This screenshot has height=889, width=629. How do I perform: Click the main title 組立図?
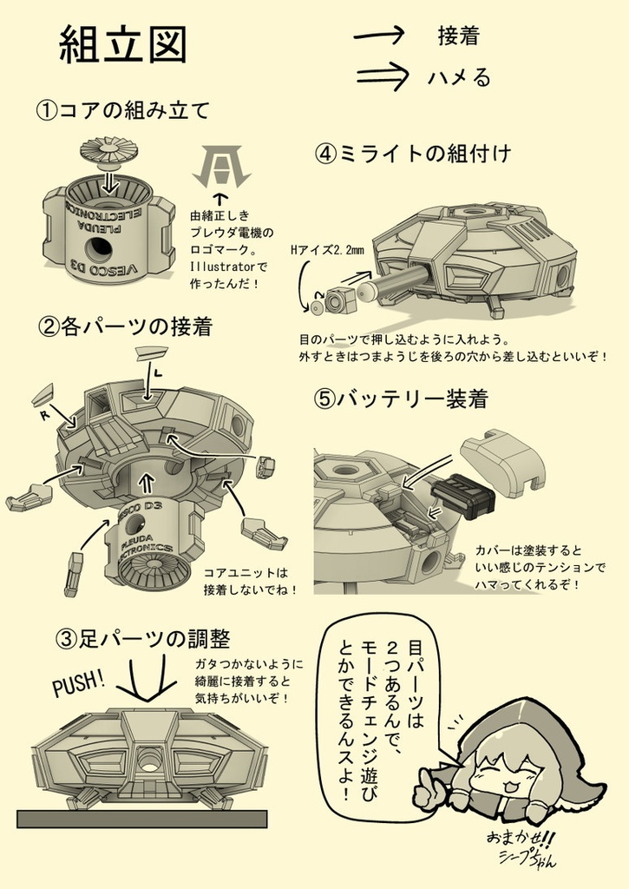pos(122,44)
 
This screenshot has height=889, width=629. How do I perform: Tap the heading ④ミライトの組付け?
pos(413,154)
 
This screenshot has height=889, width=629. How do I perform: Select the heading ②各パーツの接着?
pos(125,327)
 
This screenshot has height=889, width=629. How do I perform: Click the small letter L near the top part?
pos(158,372)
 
